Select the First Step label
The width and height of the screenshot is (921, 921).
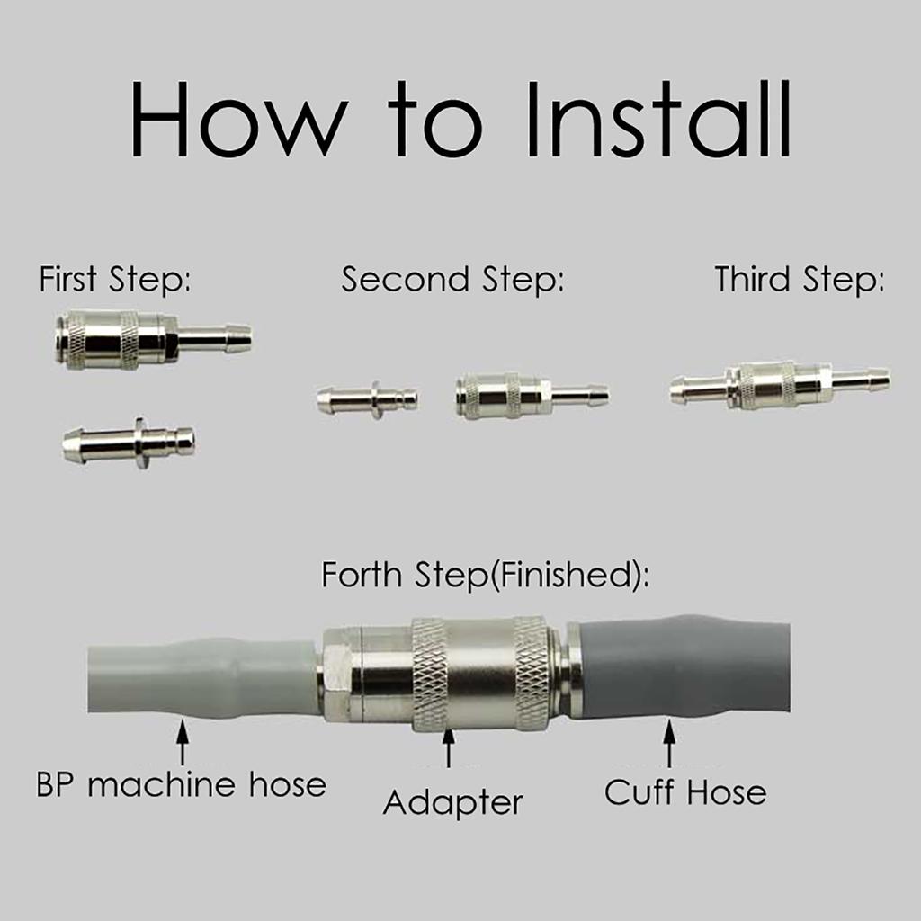115,280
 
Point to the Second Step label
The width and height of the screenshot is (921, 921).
452,280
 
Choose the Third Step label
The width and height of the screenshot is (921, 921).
800,280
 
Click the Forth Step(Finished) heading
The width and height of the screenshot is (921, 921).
485,575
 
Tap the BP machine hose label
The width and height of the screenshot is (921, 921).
181,784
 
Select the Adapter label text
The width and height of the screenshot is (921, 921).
452,803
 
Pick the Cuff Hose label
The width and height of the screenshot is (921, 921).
685,791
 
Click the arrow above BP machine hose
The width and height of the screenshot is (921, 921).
183,743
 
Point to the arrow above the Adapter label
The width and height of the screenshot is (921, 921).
449,747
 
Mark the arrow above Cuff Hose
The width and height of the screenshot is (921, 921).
669,743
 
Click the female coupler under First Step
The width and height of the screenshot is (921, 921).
153,339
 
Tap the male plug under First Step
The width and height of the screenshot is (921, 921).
129,443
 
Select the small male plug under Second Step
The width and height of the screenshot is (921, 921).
367,400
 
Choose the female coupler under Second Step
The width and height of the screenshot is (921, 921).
532,396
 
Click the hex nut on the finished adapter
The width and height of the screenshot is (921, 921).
339,674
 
